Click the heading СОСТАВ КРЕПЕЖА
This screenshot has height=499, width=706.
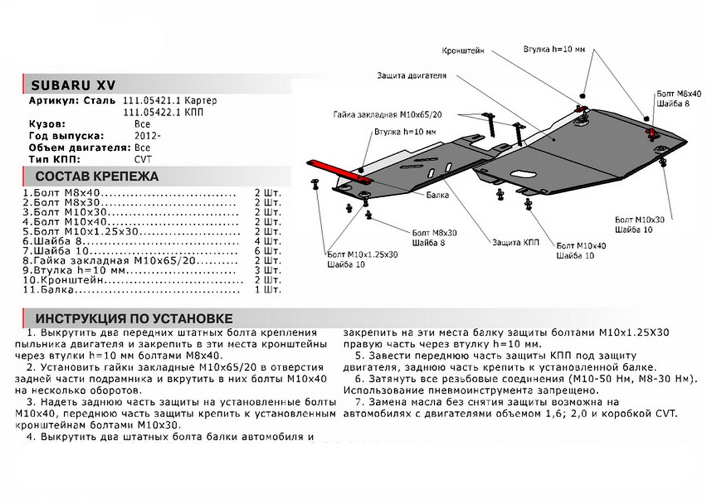(97, 177)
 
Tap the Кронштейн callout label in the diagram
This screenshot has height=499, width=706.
(462, 51)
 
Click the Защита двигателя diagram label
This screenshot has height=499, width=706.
(412, 76)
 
